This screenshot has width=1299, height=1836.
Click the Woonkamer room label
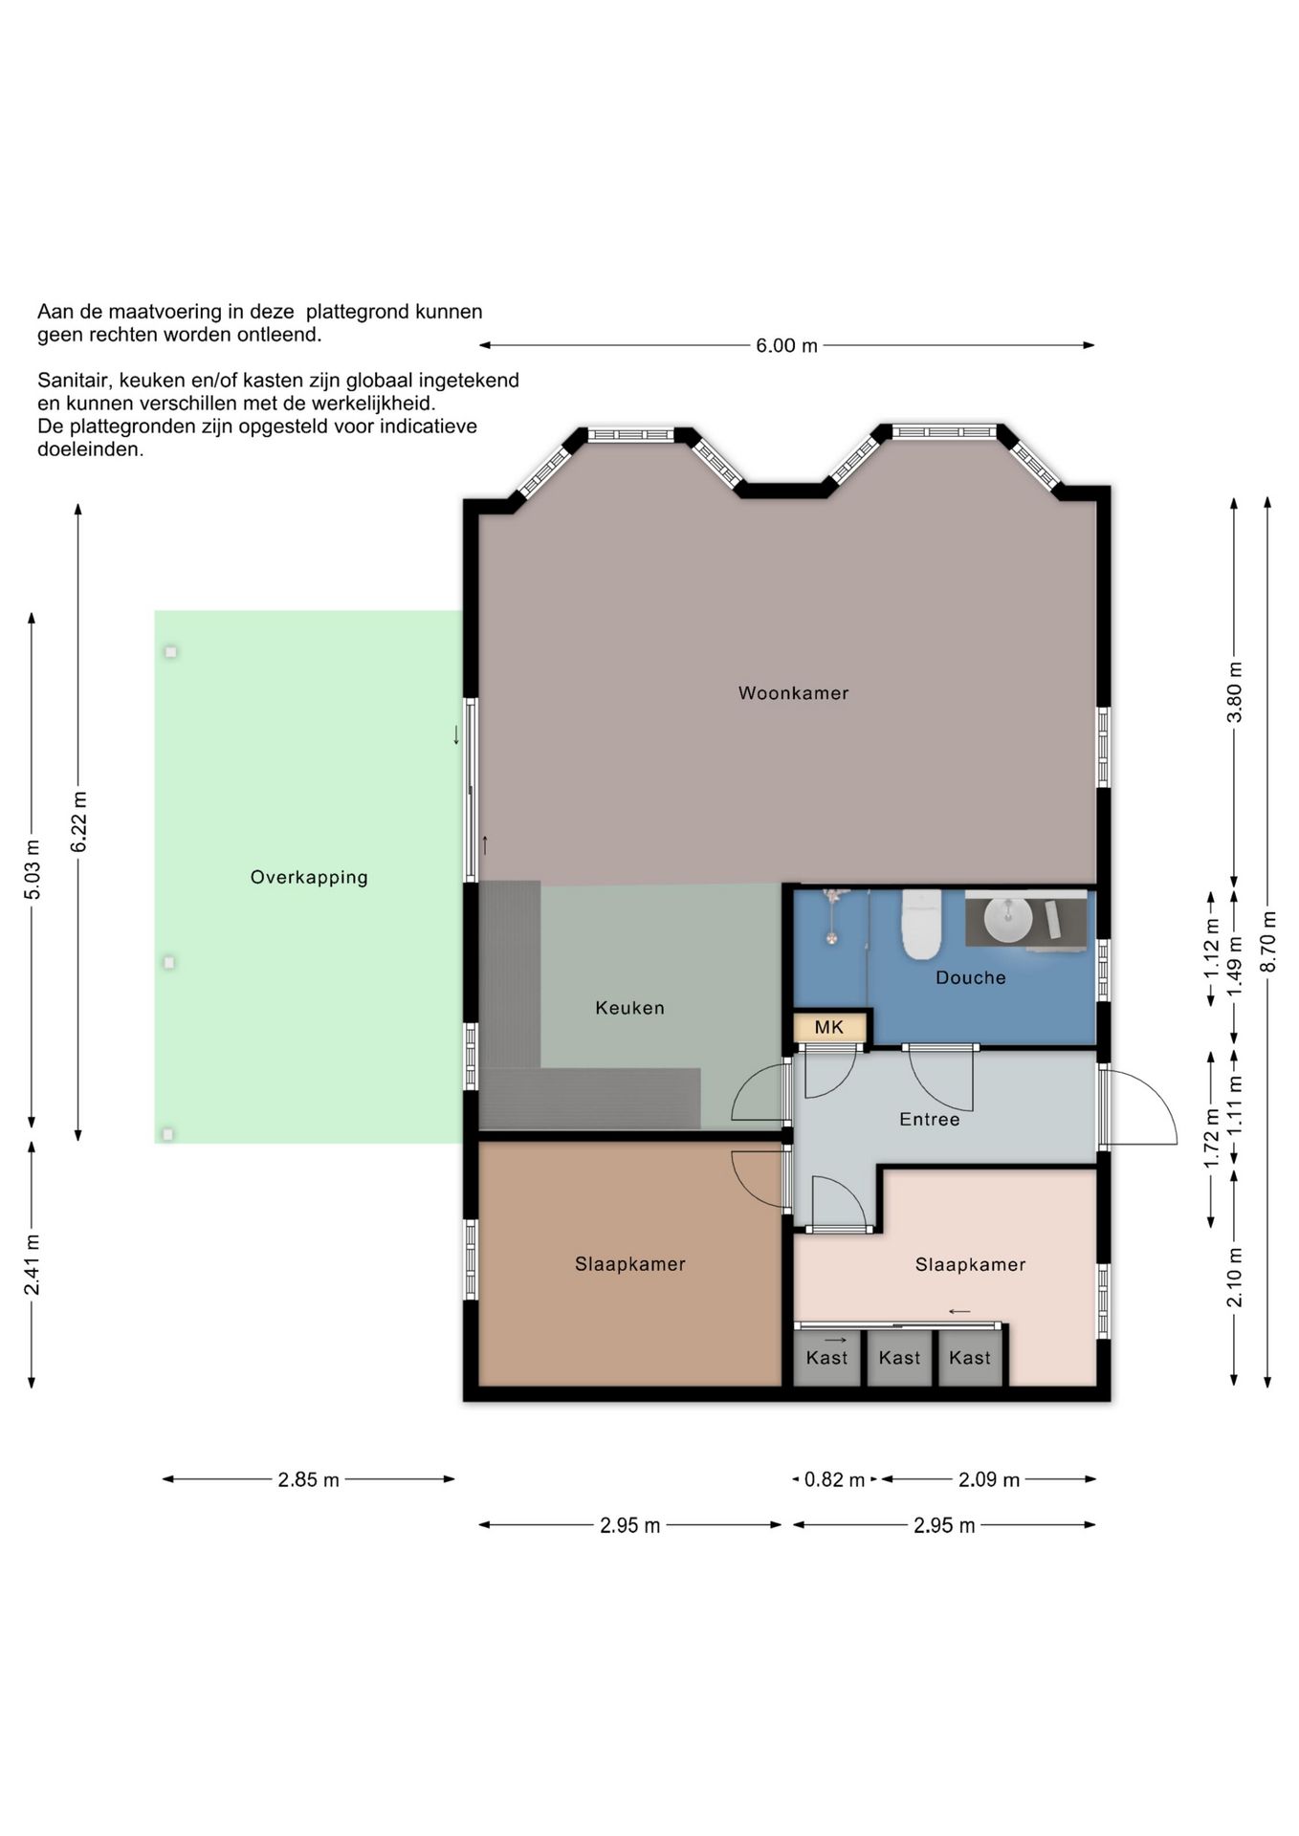click(x=793, y=693)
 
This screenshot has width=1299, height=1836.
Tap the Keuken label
click(x=629, y=1008)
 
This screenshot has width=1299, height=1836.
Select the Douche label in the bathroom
click(x=970, y=977)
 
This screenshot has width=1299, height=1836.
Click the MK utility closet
click(x=829, y=1028)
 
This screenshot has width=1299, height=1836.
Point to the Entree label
click(x=929, y=1119)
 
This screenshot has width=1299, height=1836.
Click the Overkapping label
click(x=309, y=878)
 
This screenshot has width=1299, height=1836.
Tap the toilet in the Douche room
click(x=922, y=924)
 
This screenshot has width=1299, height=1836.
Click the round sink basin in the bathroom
click(x=1008, y=920)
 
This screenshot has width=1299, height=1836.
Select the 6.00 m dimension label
click(x=786, y=345)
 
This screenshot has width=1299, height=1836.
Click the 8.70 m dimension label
click(x=1268, y=942)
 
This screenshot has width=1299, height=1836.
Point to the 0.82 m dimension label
click(x=834, y=1480)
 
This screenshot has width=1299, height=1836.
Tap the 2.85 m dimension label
click(x=308, y=1480)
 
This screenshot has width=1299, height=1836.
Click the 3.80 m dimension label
click(x=1235, y=692)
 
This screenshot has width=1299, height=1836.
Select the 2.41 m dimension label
click(x=33, y=1264)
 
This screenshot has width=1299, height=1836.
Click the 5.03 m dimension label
click(x=33, y=869)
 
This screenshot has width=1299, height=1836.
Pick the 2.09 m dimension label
click(x=989, y=1480)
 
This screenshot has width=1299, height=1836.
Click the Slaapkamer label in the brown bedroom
click(x=629, y=1264)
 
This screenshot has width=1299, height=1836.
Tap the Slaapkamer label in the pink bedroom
click(x=970, y=1265)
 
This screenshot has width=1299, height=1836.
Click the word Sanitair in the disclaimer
click(x=74, y=381)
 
